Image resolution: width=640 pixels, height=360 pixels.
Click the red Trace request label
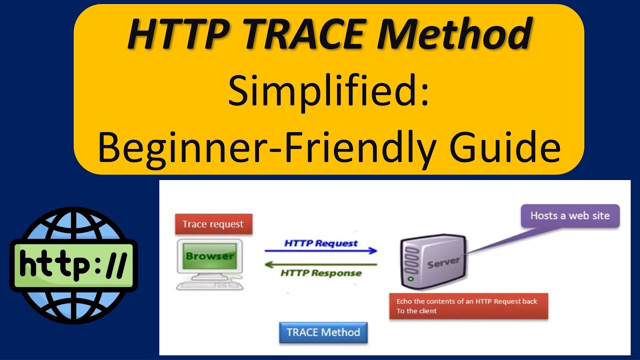pos(213,224)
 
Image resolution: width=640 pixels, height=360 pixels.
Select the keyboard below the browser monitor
pos(209,285)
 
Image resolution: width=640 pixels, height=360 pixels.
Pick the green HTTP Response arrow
pos(320,264)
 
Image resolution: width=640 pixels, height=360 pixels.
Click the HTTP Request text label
pos(320,243)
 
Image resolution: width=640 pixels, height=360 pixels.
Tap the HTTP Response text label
pos(320,273)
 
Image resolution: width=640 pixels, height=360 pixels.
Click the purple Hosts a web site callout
pos(569,216)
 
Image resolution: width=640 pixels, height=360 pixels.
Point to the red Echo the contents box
pos(468,306)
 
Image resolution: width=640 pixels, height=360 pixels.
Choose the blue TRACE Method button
pos(323,332)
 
